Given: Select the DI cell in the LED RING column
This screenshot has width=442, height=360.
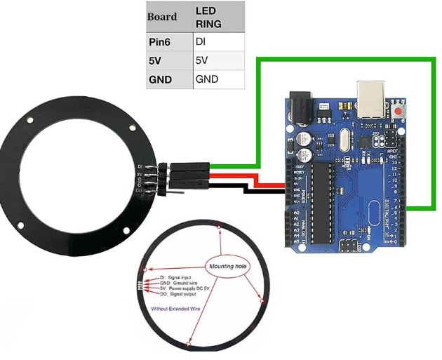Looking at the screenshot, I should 218,42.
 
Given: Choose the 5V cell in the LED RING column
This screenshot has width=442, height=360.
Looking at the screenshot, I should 218,61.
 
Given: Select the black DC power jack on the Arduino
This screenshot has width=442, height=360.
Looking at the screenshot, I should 302,105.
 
